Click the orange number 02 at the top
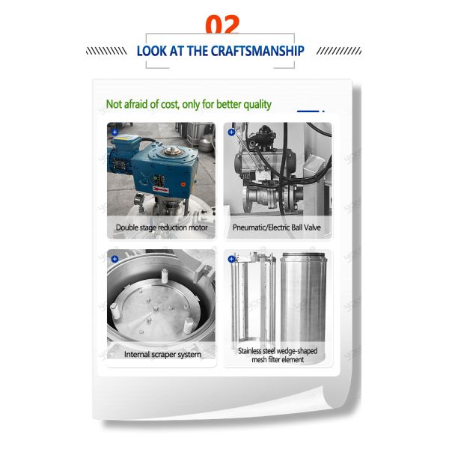pyautogui.click(x=222, y=25)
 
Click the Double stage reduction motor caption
pyautogui.click(x=161, y=227)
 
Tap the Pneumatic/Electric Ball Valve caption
pyautogui.click(x=277, y=227)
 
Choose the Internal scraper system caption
pyautogui.click(x=161, y=354)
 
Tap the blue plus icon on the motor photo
pyautogui.click(x=114, y=132)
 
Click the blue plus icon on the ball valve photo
pyautogui.click(x=231, y=132)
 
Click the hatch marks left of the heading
pyautogui.click(x=106, y=51)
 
